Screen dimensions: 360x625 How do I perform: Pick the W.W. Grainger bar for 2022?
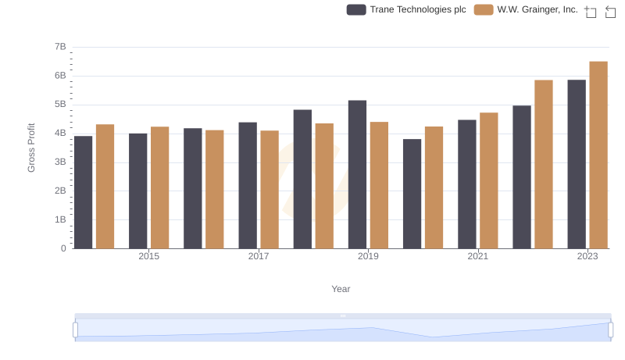[x=544, y=164]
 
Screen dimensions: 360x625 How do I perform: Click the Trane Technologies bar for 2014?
[x=83, y=192]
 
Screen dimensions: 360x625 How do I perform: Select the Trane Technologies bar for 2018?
[x=302, y=179]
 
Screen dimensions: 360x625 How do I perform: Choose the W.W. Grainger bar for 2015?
[x=159, y=187]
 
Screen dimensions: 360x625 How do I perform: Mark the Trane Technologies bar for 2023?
[x=577, y=164]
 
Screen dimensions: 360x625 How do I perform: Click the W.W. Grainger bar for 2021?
[x=489, y=180]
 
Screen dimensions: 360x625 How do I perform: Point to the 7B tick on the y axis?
[x=59, y=48]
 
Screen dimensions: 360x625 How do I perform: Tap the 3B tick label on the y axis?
[x=59, y=162]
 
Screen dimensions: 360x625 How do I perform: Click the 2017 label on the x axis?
[x=259, y=256]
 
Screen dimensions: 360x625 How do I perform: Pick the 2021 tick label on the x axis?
[x=478, y=256]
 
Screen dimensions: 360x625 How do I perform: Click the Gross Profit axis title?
[x=32, y=148]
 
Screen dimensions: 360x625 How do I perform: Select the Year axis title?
[x=341, y=289]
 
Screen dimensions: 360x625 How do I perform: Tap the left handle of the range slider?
[x=76, y=330]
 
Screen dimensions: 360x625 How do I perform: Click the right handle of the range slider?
[x=611, y=330]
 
